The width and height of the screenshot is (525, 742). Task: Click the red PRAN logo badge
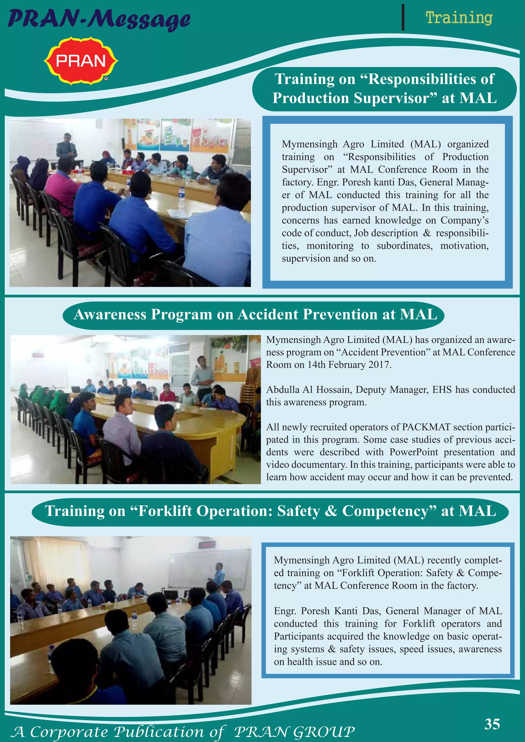point(81,60)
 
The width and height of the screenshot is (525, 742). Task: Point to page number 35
point(492,724)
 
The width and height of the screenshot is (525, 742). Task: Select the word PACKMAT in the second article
point(426,427)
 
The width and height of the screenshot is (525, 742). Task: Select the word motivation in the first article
point(464,246)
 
